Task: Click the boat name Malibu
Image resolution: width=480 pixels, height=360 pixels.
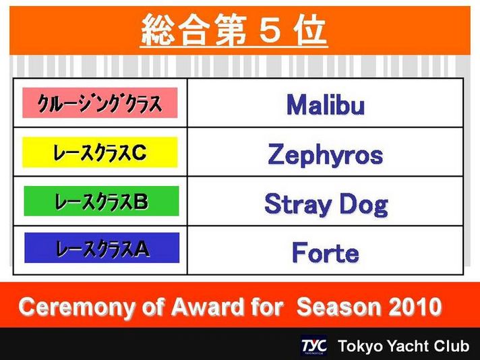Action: tap(326, 104)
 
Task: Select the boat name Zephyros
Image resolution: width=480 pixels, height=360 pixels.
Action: tap(326, 155)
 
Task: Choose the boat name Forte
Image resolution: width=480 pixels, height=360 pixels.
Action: tap(326, 252)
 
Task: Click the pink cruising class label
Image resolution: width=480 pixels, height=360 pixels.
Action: tap(100, 103)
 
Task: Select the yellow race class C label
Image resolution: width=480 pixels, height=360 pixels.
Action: tap(100, 152)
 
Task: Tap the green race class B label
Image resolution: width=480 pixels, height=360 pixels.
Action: tap(101, 201)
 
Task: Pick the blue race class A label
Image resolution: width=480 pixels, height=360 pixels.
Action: tap(102, 247)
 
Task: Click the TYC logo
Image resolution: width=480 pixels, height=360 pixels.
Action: tap(313, 346)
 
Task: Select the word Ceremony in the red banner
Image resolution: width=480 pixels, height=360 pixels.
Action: tap(77, 307)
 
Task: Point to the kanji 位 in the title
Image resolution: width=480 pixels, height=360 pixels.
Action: tap(311, 30)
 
